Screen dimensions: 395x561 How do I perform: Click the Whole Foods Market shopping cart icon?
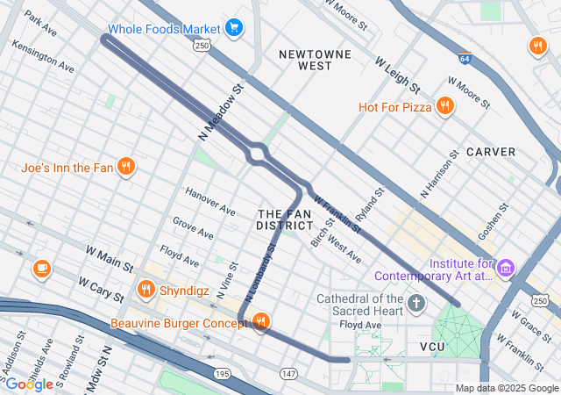point(233,28)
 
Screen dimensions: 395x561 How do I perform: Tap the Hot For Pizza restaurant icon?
point(445,107)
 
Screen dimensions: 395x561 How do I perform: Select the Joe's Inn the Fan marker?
point(126,167)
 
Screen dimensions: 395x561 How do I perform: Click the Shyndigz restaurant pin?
point(146,290)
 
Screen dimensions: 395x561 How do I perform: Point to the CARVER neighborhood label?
point(491,152)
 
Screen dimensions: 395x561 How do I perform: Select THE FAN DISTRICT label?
point(285,219)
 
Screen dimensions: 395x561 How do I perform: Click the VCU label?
point(433,347)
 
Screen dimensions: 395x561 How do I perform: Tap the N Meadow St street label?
point(220,110)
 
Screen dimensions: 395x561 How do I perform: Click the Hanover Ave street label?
point(210,202)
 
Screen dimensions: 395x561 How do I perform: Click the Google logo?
point(28,384)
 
